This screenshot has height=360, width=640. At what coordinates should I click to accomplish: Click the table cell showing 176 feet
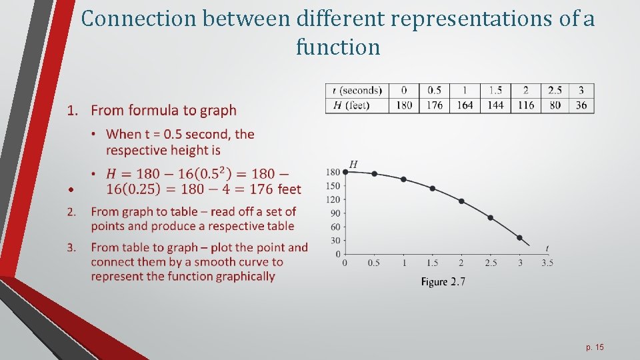tap(434, 105)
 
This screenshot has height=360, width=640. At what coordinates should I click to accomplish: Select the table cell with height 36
tap(581, 105)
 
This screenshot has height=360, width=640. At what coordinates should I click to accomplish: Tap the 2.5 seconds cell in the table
tap(555, 90)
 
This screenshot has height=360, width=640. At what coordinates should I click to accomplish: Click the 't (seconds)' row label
tap(357, 90)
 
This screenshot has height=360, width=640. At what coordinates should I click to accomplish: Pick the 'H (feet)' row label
tap(352, 105)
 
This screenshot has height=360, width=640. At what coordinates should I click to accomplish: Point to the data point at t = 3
tap(519, 237)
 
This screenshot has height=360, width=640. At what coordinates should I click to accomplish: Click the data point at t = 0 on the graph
tap(345, 172)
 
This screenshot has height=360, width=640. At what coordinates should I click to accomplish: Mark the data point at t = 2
tap(461, 201)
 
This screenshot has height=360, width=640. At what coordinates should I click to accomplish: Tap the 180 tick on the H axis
tap(333, 173)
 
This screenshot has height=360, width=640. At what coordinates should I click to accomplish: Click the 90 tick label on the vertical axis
tap(335, 213)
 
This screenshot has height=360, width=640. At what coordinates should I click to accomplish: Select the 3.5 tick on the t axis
tap(547, 263)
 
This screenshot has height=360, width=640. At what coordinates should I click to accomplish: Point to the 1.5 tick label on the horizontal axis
tap(432, 263)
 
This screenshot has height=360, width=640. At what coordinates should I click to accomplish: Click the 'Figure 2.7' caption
tap(443, 282)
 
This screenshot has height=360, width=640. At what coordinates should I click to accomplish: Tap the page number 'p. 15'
tap(595, 347)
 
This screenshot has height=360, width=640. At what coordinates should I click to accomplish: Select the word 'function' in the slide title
tap(338, 47)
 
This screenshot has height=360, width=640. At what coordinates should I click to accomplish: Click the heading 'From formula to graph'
tap(163, 110)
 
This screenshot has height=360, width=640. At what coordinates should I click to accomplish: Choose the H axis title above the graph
tap(353, 165)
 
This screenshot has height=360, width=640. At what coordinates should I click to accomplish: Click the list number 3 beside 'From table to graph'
tap(71, 247)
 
